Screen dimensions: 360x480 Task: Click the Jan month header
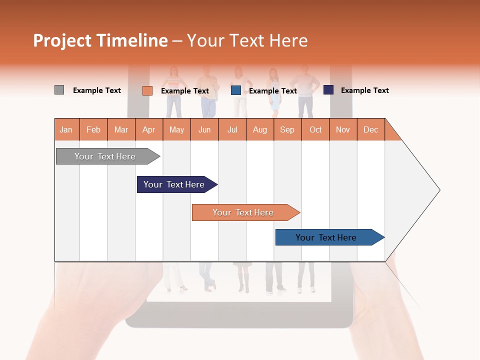[x=66, y=129]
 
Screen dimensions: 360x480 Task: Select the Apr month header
[x=148, y=129]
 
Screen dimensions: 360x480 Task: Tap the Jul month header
[x=232, y=129]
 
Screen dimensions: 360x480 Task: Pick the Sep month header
[x=287, y=129]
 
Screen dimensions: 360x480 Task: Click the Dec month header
[x=370, y=129]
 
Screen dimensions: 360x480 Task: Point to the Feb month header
[x=93, y=129]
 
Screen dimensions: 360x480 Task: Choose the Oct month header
[x=315, y=129]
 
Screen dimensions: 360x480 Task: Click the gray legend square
[x=59, y=90]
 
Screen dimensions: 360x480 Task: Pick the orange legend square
[x=147, y=90]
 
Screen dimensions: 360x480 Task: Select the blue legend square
[x=236, y=90]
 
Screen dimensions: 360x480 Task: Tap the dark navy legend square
[x=328, y=90]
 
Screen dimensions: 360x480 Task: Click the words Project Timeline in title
[x=100, y=40]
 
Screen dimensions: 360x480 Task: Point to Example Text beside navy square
[x=364, y=90]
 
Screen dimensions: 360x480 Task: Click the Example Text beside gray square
[x=96, y=90]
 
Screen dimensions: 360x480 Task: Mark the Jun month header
[x=204, y=129]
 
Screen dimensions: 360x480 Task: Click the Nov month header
[x=342, y=129]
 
